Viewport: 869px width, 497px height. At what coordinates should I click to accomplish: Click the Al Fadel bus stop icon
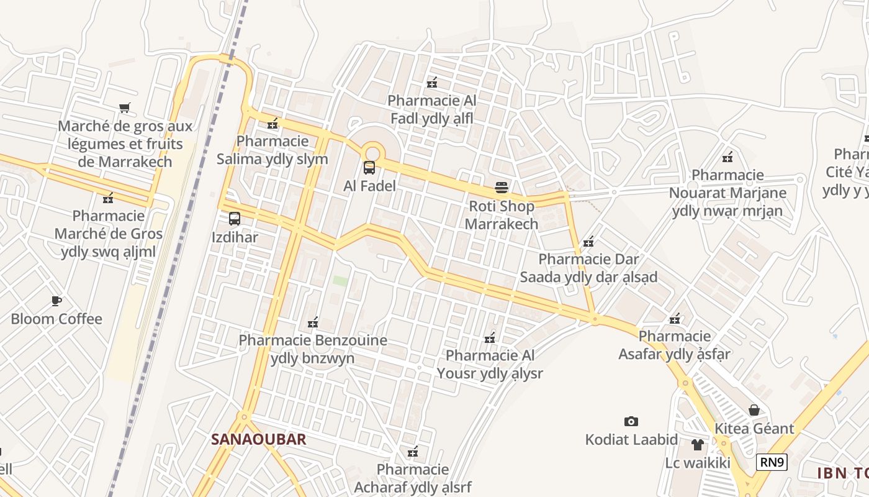pos(369,167)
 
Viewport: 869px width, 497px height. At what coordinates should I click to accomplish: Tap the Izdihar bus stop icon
pos(235,219)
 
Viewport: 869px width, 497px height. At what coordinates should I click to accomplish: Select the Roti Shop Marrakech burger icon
pos(502,188)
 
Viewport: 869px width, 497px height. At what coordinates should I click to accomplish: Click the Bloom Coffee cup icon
pos(56,301)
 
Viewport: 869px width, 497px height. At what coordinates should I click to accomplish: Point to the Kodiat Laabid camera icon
pos(631,422)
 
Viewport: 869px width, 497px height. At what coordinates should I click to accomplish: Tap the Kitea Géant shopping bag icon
pos(754,410)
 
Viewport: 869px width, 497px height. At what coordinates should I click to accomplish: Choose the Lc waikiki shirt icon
pos(698,445)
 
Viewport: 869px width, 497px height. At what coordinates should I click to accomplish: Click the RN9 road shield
pos(772,462)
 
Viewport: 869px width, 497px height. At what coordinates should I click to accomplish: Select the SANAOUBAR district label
pos(259,439)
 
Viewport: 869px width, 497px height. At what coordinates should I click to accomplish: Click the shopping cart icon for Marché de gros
pos(125,108)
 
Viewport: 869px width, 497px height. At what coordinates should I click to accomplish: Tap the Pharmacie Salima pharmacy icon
pos(272,123)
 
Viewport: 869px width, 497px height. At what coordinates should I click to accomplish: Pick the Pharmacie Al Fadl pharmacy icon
pos(432,83)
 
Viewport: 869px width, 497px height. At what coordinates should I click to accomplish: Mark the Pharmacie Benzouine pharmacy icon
pos(313,322)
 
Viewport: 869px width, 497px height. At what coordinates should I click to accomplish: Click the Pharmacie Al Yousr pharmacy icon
pos(490,338)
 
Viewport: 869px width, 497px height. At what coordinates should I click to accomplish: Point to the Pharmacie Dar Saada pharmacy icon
pos(588,241)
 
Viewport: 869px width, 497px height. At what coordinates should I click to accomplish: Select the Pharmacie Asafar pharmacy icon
pos(675,319)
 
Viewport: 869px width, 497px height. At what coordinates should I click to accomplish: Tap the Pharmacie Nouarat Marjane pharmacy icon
pos(727,157)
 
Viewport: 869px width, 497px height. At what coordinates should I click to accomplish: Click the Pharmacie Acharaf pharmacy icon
pos(412,452)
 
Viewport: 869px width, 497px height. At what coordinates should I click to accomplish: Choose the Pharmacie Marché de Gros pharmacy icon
pos(108,198)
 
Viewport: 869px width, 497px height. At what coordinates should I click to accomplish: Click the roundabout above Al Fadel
pos(372,152)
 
